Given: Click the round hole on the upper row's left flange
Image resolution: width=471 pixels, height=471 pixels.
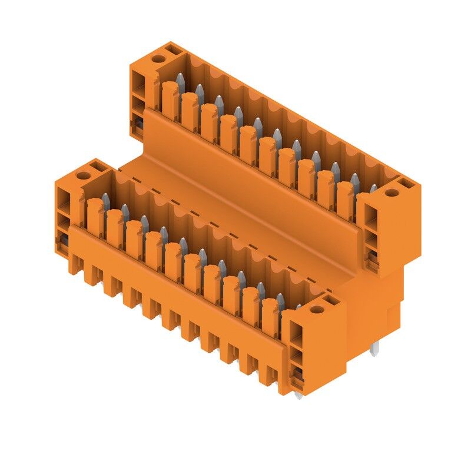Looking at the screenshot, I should pos(158,58).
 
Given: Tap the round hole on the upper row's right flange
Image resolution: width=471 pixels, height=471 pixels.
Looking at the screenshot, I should pos(389,193).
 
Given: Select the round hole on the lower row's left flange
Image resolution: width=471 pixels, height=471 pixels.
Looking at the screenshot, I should pos(82,175).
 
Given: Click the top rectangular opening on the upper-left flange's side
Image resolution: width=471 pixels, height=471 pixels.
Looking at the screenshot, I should pos(138,80).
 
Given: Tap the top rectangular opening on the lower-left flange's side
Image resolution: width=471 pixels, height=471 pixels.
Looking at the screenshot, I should pos(62,197).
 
